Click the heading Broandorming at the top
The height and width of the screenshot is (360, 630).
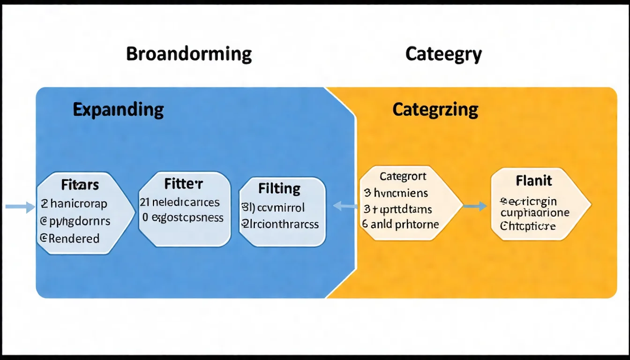coord(189,54)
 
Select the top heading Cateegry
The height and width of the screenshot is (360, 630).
coord(443,54)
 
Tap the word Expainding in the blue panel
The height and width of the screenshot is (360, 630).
coord(118,110)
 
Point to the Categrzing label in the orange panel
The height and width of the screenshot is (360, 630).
coord(435,110)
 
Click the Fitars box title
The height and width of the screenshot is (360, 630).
coord(80,185)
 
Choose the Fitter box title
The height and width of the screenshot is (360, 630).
coord(183,184)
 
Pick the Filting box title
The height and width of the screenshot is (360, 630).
coord(279,188)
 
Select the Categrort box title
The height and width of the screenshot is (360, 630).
coord(403,177)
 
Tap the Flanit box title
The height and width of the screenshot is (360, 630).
coord(534,180)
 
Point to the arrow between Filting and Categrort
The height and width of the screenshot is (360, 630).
coord(345,205)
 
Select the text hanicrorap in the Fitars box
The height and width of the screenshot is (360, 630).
coord(78,204)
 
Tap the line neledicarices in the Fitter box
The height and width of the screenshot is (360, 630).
coord(186,202)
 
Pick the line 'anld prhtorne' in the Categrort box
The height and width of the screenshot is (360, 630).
coord(405,225)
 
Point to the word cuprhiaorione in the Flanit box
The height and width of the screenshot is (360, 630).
coord(535,213)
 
